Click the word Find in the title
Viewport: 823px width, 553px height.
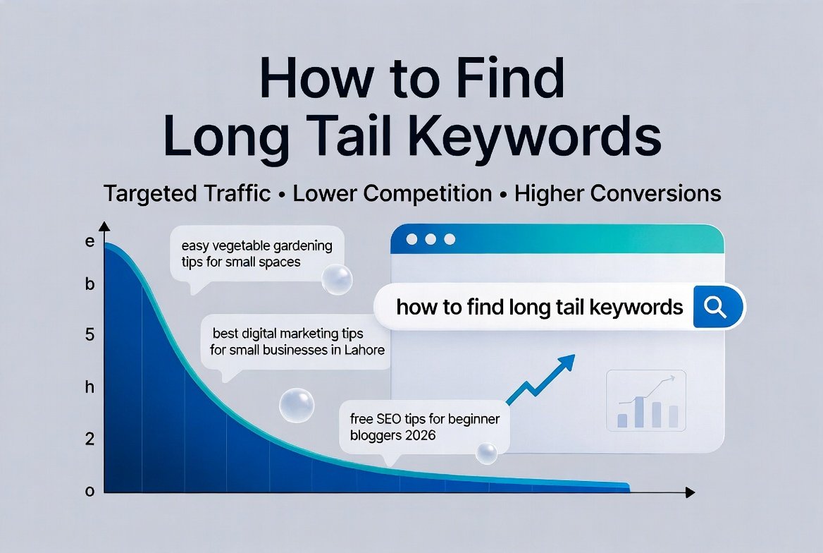(x=502, y=79)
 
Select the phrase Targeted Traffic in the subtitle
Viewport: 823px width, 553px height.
(x=187, y=193)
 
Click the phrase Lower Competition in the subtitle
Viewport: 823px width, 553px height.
(x=392, y=193)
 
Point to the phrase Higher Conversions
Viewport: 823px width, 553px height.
(x=618, y=193)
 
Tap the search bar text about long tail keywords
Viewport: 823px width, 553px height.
(x=540, y=308)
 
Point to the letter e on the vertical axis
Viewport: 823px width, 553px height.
(x=89, y=241)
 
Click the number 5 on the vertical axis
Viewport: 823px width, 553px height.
(x=89, y=334)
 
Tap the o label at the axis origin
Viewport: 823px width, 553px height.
(x=89, y=492)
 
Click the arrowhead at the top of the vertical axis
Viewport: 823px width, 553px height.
(x=104, y=226)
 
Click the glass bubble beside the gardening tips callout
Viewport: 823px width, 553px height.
(x=336, y=279)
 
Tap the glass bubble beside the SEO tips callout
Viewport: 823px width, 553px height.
(x=486, y=454)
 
